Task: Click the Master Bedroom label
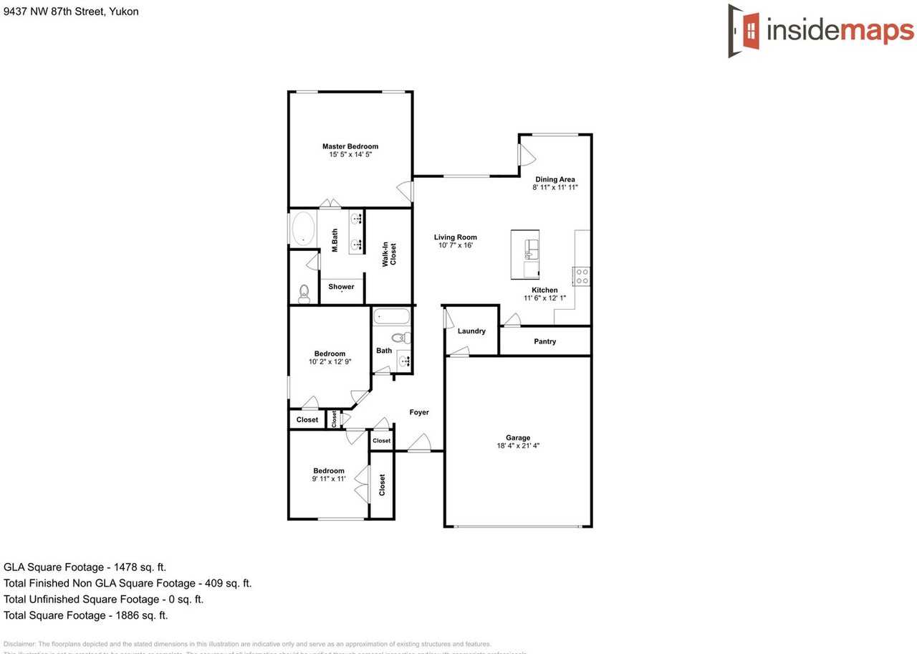click(350, 146)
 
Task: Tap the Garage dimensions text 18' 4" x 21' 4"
click(518, 445)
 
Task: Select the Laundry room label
click(471, 331)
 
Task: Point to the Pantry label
click(544, 341)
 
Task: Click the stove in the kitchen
click(581, 276)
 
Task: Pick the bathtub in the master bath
click(304, 229)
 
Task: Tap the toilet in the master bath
click(304, 293)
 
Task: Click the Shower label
click(341, 287)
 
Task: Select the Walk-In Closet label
click(389, 255)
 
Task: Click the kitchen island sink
click(531, 248)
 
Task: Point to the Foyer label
click(419, 412)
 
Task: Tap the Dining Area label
click(555, 179)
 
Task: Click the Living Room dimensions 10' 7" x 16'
click(455, 245)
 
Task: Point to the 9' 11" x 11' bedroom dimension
click(329, 479)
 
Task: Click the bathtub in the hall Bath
click(391, 316)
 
